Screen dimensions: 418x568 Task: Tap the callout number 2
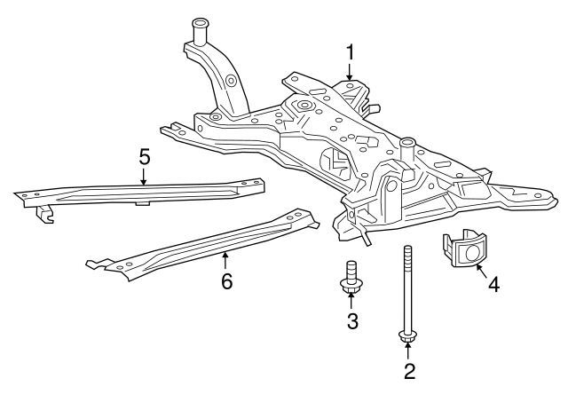pyautogui.click(x=409, y=372)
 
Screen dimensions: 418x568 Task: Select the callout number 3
pyautogui.click(x=352, y=321)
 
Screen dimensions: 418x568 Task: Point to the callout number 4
pyautogui.click(x=493, y=287)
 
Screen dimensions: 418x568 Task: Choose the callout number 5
pyautogui.click(x=144, y=157)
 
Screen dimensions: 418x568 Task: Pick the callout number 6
pyautogui.click(x=225, y=282)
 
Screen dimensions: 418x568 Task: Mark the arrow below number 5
pyautogui.click(x=144, y=177)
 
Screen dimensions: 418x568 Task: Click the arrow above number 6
pyautogui.click(x=225, y=260)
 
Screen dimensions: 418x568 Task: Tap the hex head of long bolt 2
pyautogui.click(x=408, y=336)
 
